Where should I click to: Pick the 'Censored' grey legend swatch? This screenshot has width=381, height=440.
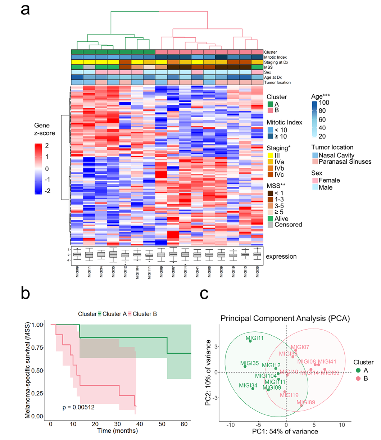[x=271, y=224]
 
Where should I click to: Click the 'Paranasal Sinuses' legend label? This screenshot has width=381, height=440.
[x=346, y=162]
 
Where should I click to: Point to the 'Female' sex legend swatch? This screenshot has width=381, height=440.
[x=316, y=180]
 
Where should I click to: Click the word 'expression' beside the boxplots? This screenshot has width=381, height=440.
[x=281, y=257]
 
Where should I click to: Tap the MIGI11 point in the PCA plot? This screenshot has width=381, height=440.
[x=250, y=341]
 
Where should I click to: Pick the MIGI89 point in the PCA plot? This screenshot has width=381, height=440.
[x=301, y=405]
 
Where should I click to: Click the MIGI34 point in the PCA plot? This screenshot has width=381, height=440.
[x=253, y=388]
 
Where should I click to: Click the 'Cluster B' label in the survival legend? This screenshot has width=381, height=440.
[x=145, y=314]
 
